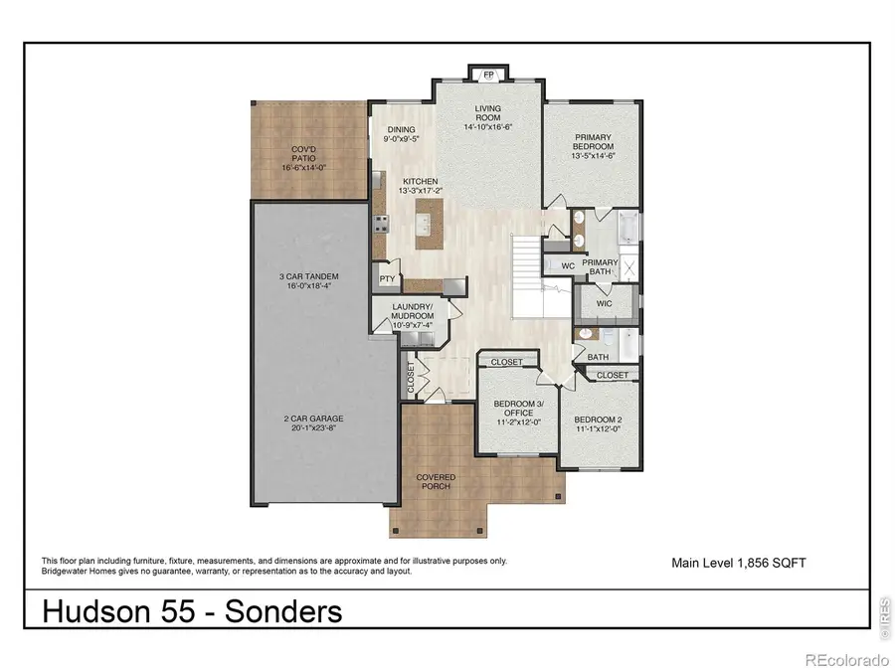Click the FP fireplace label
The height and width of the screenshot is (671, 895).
[487, 75]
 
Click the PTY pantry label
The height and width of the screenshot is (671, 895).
[387, 279]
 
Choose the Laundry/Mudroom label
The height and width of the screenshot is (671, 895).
[410, 313]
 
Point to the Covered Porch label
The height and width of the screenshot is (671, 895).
[436, 482]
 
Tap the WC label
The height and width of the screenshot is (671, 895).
[568, 265]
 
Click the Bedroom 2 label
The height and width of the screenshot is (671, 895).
[598, 425]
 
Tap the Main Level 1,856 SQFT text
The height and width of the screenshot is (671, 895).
[739, 563]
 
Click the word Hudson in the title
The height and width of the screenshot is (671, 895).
[94, 611]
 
